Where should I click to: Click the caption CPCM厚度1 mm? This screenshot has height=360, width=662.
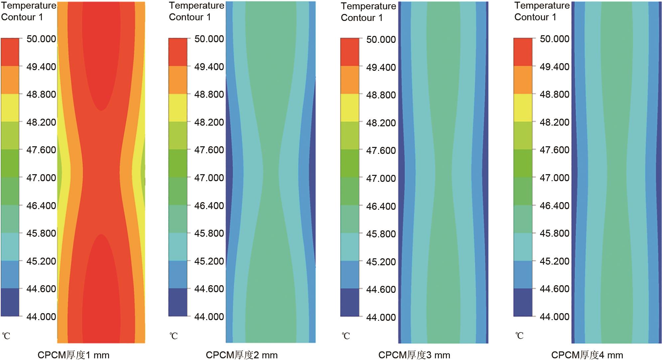(73, 355)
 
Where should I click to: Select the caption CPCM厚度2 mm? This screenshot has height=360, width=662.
(242, 355)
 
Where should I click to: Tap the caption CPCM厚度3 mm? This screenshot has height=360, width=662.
(414, 355)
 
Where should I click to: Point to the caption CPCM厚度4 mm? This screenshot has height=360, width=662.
(587, 355)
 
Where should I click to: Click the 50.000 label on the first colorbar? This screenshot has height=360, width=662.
(41, 39)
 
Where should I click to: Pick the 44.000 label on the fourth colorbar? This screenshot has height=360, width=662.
(555, 316)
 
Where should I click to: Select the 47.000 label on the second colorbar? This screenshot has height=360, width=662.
(209, 178)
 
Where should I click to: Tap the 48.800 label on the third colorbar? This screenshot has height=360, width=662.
(381, 95)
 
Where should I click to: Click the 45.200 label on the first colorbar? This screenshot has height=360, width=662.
(41, 261)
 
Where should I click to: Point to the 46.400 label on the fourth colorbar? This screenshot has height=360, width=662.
(555, 205)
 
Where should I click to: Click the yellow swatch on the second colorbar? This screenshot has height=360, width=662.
(178, 108)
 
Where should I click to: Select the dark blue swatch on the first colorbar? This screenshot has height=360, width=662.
(10, 302)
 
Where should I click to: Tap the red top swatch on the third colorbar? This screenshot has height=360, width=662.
(350, 52)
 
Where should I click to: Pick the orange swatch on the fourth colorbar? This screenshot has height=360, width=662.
(523, 80)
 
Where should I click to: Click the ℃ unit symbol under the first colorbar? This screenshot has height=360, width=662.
(6, 336)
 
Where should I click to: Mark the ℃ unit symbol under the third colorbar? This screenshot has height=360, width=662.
(346, 336)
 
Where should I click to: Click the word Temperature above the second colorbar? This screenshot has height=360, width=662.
(197, 6)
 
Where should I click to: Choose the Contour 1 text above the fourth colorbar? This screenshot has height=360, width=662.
(535, 17)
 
